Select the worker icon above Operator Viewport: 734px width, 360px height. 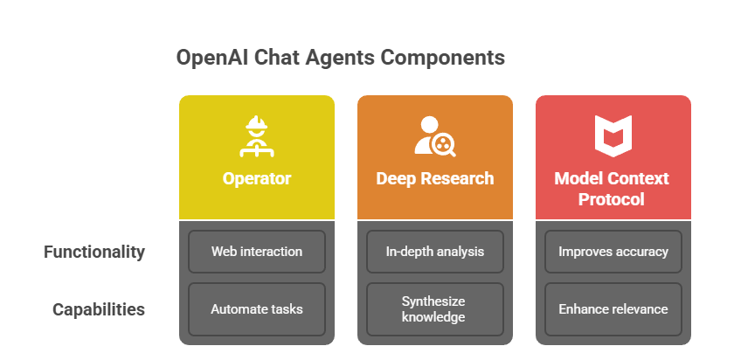click(257, 135)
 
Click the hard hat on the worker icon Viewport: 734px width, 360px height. click(257, 122)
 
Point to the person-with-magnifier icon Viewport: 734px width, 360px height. click(435, 135)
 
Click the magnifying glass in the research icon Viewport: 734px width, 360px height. click(443, 144)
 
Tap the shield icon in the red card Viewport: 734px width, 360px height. click(613, 135)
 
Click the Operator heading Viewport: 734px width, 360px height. click(257, 178)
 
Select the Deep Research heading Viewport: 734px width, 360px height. click(435, 178)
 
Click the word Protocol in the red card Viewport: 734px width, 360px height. click(612, 199)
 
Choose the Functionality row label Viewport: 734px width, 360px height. click(94, 252)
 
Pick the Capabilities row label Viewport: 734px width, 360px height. click(98, 309)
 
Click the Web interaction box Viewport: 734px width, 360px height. click(257, 252)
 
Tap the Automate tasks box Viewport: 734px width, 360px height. click(257, 309)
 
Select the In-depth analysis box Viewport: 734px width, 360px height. click(435, 252)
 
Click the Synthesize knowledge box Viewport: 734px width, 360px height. click(435, 309)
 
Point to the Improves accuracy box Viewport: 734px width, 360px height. click(613, 252)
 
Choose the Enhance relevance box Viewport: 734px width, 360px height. click(613, 309)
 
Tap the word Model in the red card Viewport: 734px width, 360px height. click(579, 178)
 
